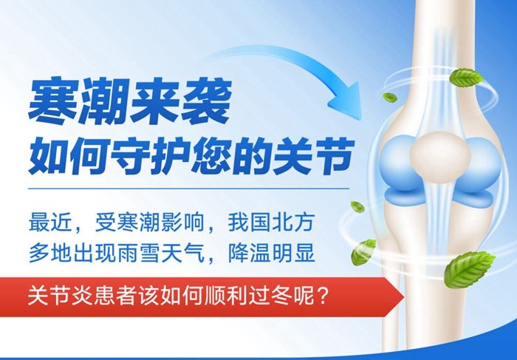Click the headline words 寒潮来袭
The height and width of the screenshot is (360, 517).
(x=129, y=103)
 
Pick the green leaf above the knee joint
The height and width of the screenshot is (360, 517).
(x=467, y=77)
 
